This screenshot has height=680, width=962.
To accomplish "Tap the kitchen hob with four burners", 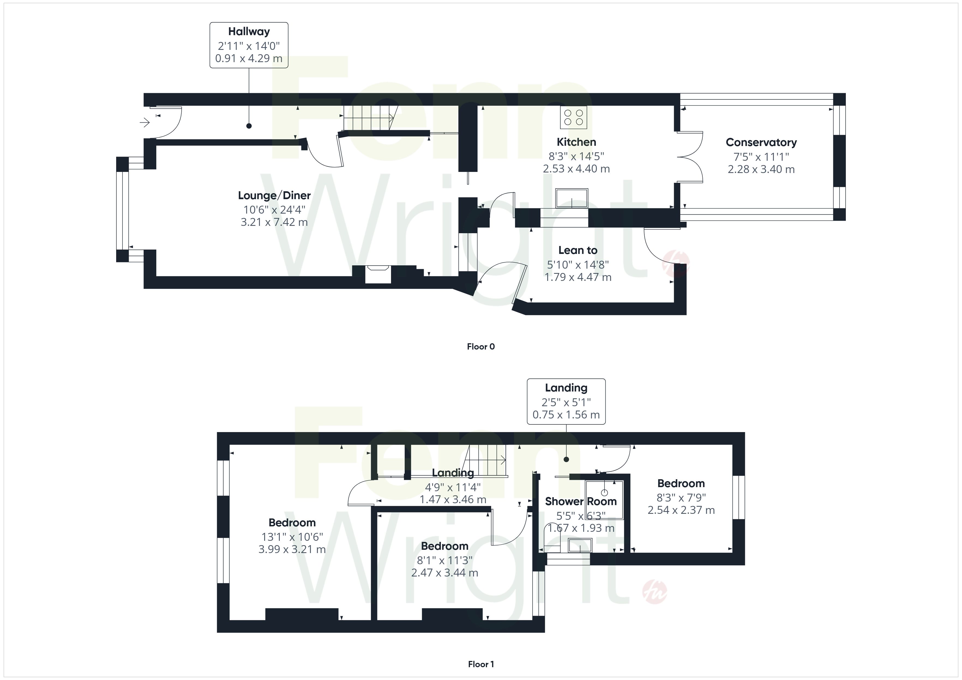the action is click(x=574, y=117).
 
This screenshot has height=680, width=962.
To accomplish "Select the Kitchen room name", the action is click(x=576, y=142).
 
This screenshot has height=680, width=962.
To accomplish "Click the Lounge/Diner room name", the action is click(x=274, y=196).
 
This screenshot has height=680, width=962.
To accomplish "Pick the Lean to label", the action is click(x=578, y=250).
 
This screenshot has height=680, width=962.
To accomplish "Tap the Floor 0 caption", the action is click(x=481, y=347).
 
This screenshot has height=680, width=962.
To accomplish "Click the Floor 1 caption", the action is click(x=481, y=664).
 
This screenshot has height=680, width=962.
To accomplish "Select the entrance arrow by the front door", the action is click(x=145, y=122).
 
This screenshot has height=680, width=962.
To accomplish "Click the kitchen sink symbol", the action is click(x=572, y=198).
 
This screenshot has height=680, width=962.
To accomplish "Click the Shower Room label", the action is click(x=581, y=501).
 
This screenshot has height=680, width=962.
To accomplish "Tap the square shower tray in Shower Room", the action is click(x=605, y=500).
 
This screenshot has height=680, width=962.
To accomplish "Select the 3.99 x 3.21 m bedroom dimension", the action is click(x=292, y=549).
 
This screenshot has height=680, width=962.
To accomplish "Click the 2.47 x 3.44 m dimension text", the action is click(x=444, y=573).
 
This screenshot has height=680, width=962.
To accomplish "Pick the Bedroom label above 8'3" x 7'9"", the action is click(x=681, y=484).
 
